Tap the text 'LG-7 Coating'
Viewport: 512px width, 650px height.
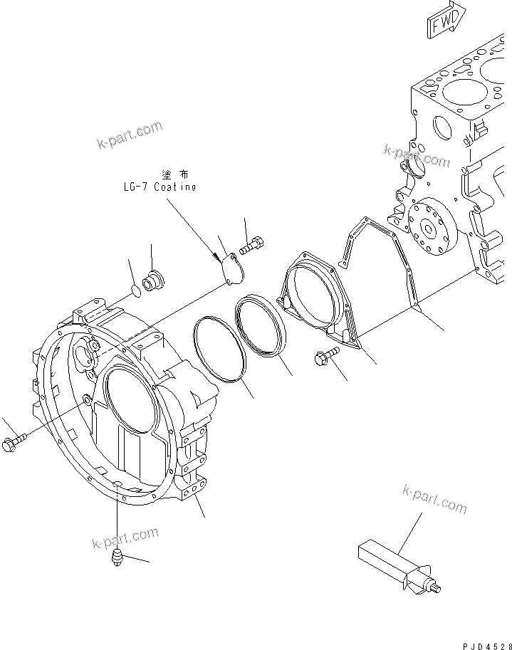(158, 187)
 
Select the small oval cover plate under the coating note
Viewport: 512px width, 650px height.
(231, 268)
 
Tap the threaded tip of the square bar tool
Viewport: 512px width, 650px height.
(435, 587)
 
